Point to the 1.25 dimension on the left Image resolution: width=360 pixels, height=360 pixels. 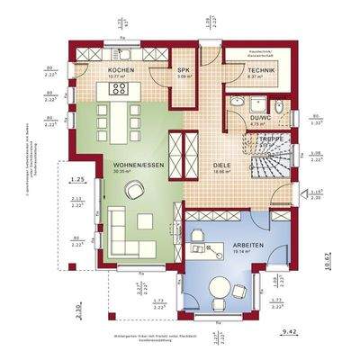tap(77, 180)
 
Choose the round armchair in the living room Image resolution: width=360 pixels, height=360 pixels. tap(134, 188)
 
